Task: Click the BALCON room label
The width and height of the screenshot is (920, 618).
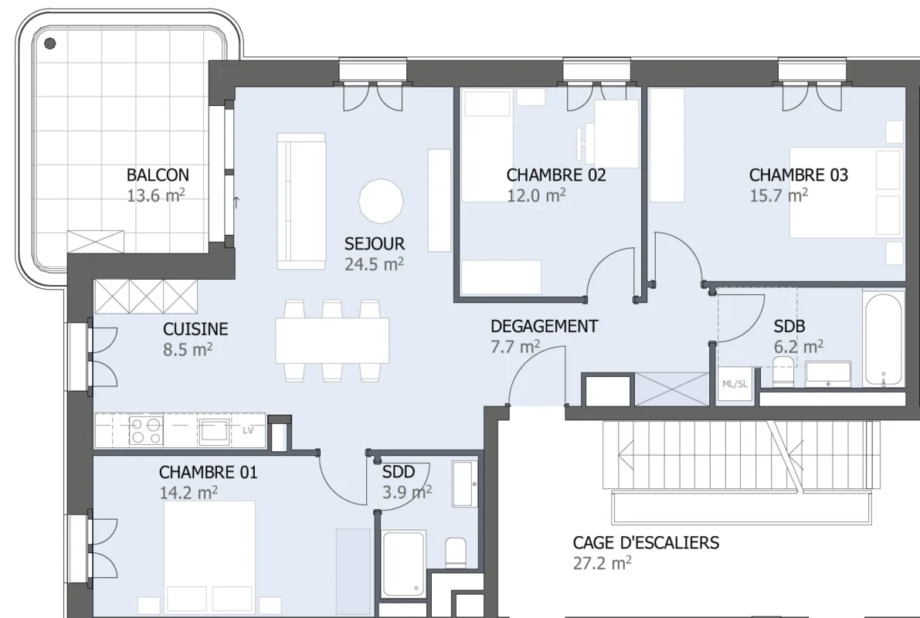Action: tap(158, 175)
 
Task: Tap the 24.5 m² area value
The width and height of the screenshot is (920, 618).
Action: tap(374, 264)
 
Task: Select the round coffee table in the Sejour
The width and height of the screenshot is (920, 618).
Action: tap(381, 202)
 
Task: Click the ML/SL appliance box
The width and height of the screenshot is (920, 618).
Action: tap(735, 385)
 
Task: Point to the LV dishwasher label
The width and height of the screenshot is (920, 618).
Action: tap(248, 430)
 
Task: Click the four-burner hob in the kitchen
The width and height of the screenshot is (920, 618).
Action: tap(146, 430)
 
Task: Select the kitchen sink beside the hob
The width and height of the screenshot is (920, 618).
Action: tap(214, 431)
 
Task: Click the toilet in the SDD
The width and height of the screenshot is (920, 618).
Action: tap(456, 552)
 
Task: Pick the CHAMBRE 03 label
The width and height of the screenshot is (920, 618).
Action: tap(799, 175)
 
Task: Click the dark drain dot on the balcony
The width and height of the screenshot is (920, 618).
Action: tap(50, 42)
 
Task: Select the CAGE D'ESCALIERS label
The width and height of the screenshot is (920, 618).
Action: tap(646, 542)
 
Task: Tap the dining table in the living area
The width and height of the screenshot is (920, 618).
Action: tap(332, 341)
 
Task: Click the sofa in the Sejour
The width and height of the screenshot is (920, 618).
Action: tap(301, 202)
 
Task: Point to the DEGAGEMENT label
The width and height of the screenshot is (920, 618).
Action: tap(545, 326)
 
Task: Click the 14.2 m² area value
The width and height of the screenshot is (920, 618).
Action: tap(188, 492)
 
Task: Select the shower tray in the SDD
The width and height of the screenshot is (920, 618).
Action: tap(403, 564)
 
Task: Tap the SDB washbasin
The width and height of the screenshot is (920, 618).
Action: tap(828, 374)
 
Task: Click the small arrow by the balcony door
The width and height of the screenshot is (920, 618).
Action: tap(236, 202)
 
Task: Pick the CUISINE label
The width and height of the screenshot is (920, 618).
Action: tap(195, 329)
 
